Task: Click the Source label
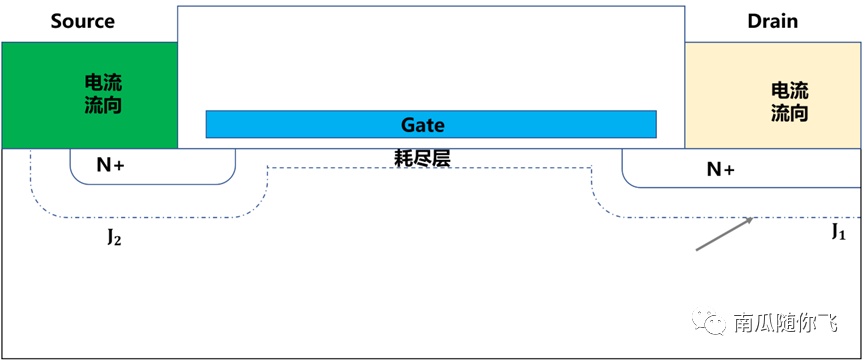click(x=83, y=21)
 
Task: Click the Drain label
click(x=772, y=21)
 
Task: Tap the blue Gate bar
click(x=431, y=124)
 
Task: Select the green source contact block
click(x=89, y=95)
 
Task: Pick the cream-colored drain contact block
click(x=772, y=95)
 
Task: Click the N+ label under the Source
click(x=110, y=165)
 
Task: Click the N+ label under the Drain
click(x=720, y=170)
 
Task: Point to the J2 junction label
click(x=114, y=239)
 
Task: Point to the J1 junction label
click(x=839, y=233)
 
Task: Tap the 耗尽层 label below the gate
click(x=423, y=159)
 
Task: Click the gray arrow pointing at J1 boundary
click(x=724, y=234)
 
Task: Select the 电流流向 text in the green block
click(x=103, y=94)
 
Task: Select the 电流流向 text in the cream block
click(x=789, y=103)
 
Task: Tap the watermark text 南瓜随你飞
click(x=785, y=322)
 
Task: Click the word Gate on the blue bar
click(x=423, y=125)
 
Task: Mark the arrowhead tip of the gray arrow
click(x=754, y=218)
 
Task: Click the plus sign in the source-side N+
click(x=119, y=165)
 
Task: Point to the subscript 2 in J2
click(x=117, y=241)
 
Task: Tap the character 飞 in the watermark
click(x=827, y=322)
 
